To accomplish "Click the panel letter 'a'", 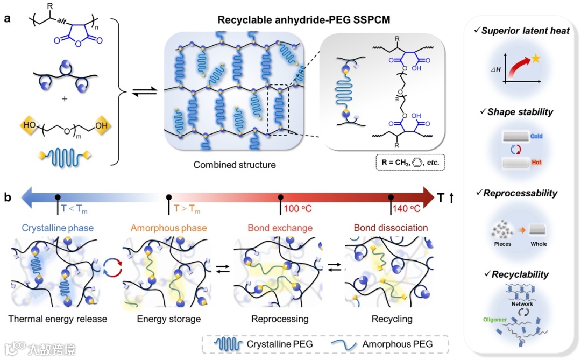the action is [x=8, y=19].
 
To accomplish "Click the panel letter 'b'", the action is [x=8, y=197].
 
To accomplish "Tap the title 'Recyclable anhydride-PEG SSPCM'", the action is [x=304, y=20].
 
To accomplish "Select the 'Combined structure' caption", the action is [x=235, y=165].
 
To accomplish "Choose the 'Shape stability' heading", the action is [x=520, y=112].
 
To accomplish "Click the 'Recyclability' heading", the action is [x=520, y=274].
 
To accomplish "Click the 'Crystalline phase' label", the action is [x=58, y=228].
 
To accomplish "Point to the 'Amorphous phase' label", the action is [x=168, y=228].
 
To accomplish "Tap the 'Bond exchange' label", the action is [x=280, y=228].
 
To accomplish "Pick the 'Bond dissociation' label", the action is [x=391, y=228].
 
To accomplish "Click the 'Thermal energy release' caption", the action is [x=58, y=319].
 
